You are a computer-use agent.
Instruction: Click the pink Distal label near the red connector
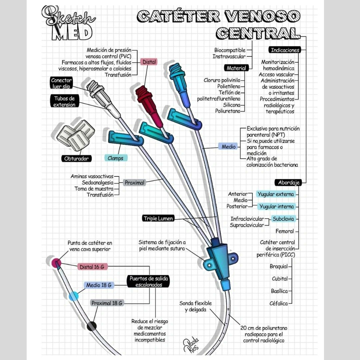pos(148,62)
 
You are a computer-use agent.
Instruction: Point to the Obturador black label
pos(76,159)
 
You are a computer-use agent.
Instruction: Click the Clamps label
pos(115,158)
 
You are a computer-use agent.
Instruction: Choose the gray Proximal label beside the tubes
pos(135,183)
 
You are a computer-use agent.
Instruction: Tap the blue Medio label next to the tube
pos(228,147)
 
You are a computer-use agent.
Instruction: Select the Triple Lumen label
pos(158,219)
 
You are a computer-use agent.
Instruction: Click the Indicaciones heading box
pos(285,50)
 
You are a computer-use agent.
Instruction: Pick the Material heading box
pos(236,68)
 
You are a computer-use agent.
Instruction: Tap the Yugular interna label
pos(276,207)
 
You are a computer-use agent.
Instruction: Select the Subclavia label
pos(283,219)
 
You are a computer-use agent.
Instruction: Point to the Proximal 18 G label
pos(107,303)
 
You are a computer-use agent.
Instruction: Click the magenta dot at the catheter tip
pos(56,262)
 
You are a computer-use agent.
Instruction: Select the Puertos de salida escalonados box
pos(149,282)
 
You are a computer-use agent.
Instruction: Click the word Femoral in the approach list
pos(285,231)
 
